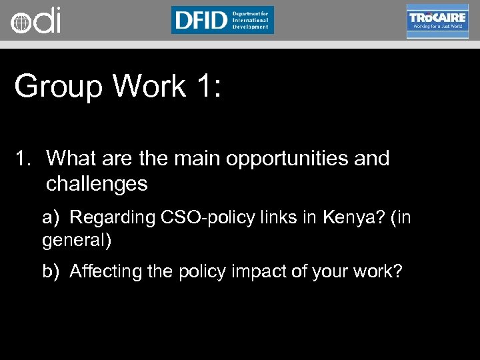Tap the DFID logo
pyautogui.click(x=222, y=20)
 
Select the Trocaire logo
pyautogui.click(x=437, y=21)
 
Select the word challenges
pyautogui.click(x=97, y=183)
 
